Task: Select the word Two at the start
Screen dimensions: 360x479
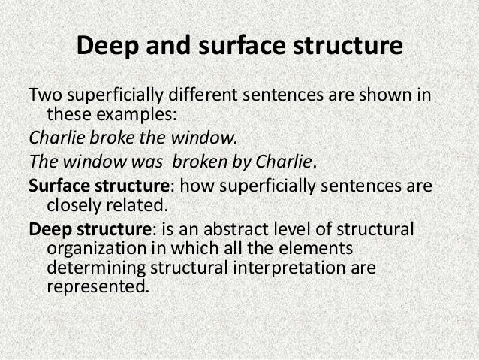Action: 43,96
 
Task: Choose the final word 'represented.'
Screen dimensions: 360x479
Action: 93,287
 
